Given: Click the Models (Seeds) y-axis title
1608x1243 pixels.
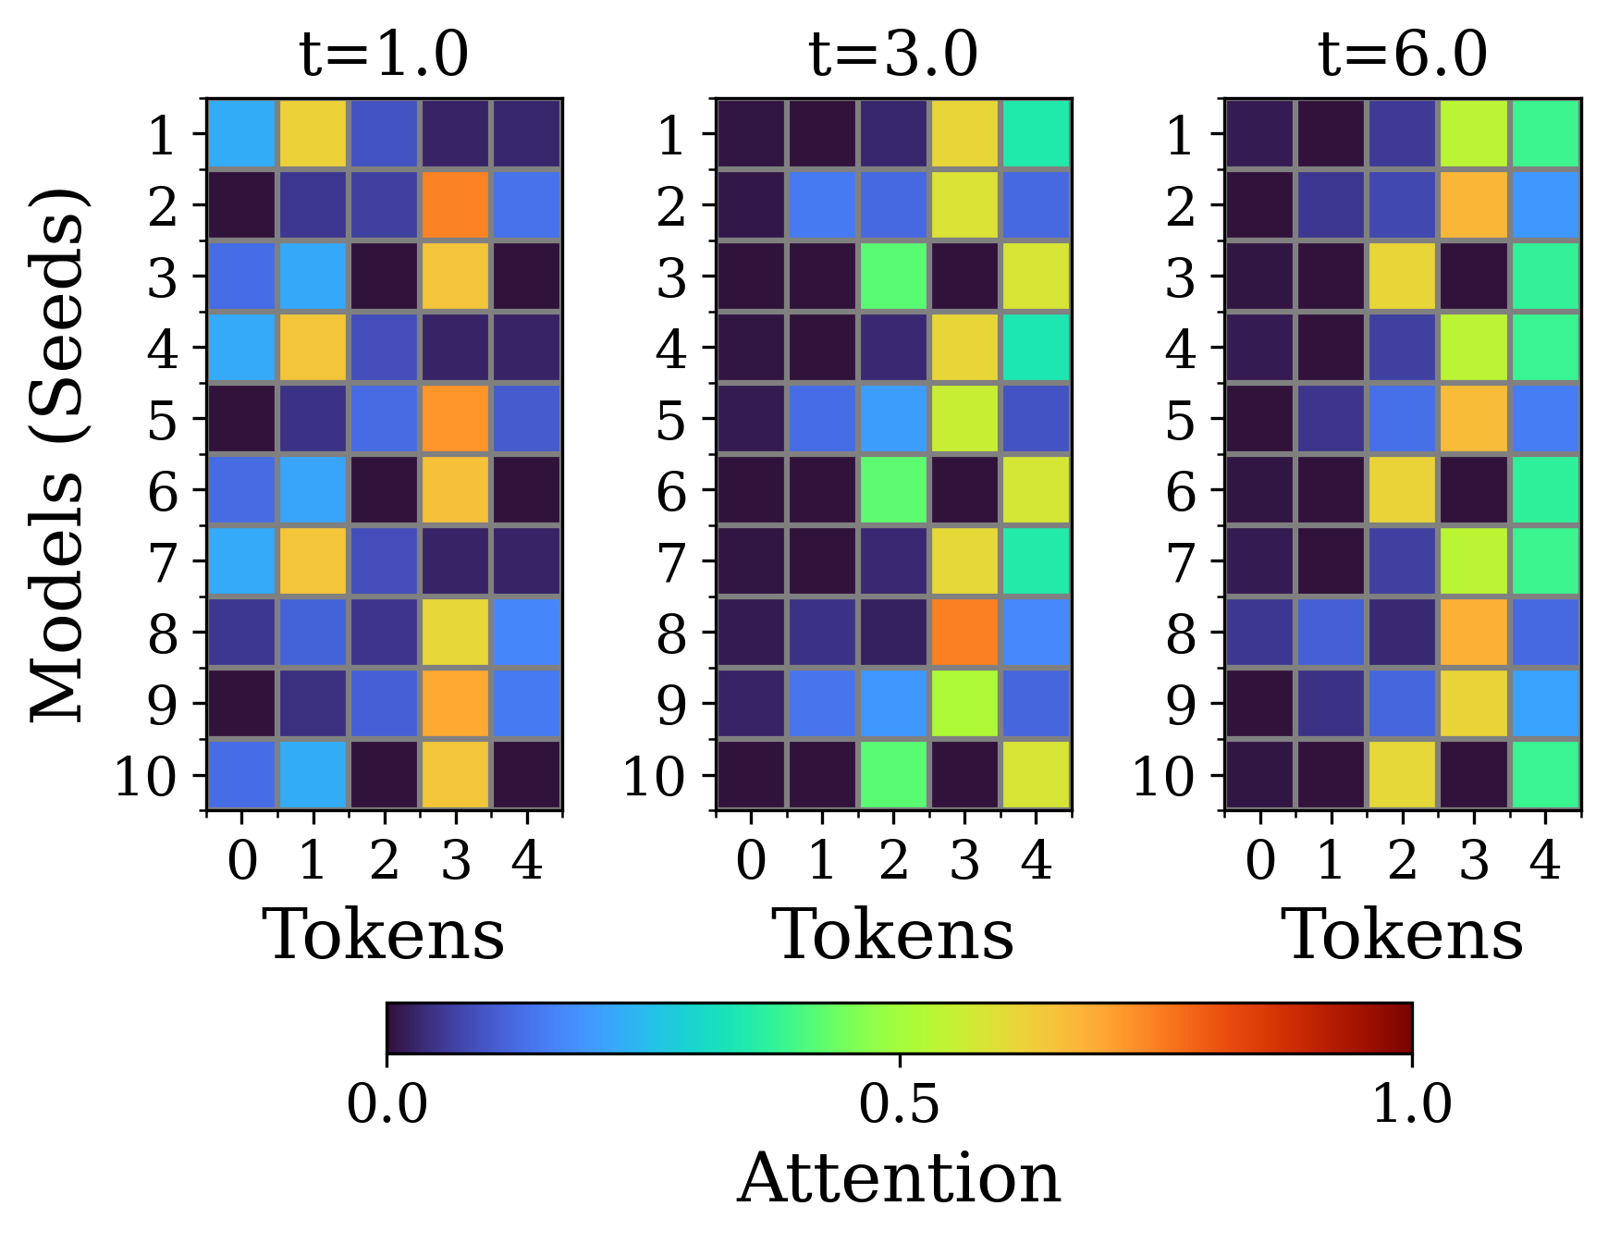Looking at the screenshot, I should tap(57, 455).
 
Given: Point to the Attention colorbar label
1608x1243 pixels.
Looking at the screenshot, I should tap(899, 1178).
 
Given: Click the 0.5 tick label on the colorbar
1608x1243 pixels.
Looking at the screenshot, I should tap(899, 1104).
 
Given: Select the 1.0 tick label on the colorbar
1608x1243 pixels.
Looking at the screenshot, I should tap(1411, 1104).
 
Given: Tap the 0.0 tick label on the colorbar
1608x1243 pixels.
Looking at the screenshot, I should tap(387, 1104).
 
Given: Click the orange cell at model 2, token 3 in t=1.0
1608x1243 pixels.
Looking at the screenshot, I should tap(456, 204).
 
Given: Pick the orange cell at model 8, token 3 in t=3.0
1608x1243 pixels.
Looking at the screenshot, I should tap(964, 633).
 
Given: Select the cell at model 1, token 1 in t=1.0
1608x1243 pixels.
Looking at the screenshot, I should tap(313, 134).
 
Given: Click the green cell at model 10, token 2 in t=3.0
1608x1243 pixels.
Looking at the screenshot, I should tap(893, 775).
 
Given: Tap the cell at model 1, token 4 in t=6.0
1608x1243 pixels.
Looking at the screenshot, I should tap(1545, 134).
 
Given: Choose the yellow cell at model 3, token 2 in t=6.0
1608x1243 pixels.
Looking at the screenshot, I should tap(1403, 276).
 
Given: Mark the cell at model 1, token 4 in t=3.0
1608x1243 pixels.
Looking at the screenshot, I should tap(1036, 134).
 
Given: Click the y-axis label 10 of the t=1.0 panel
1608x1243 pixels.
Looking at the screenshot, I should tap(144, 777).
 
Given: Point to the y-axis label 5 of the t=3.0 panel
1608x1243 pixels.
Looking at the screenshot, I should tap(671, 421).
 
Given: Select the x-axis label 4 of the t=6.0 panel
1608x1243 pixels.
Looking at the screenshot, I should tap(1545, 861).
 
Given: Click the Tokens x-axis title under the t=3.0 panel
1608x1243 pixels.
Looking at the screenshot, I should tap(893, 934).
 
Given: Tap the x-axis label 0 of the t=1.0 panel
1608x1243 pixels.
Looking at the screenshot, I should tap(242, 861).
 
